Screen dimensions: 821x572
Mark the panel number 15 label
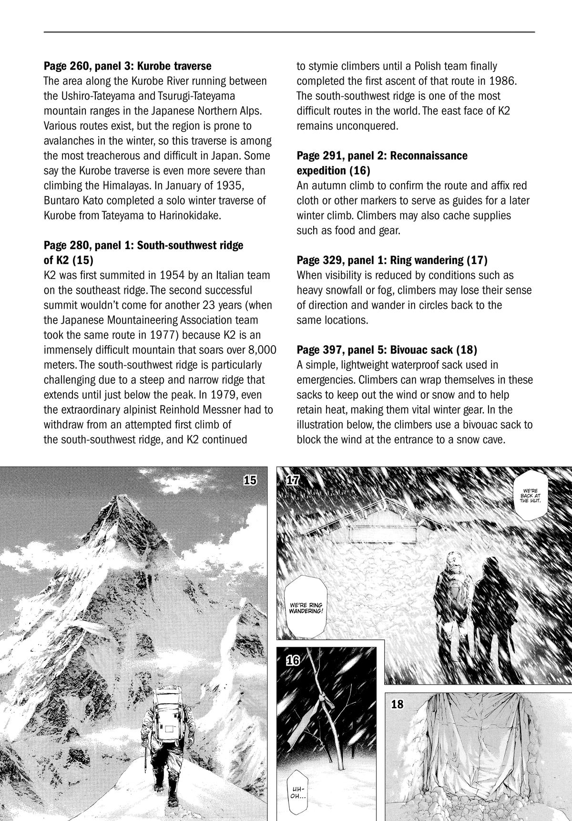coord(250,480)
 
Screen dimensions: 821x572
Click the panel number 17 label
coord(293,481)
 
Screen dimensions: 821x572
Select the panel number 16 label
coord(293,660)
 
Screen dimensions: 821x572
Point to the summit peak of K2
coord(118,498)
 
